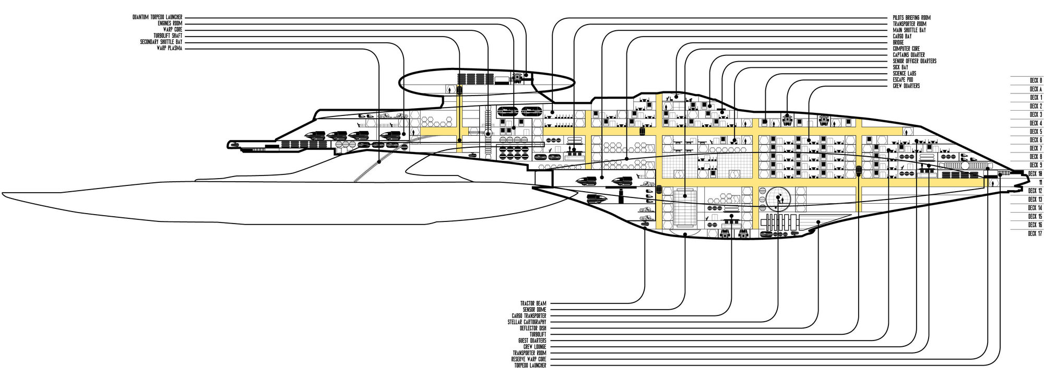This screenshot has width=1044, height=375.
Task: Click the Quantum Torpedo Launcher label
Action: [x=157, y=17]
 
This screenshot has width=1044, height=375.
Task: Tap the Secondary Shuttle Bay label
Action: [x=161, y=42]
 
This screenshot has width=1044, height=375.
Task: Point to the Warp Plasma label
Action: [x=169, y=48]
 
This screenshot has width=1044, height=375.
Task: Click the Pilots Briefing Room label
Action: [x=911, y=18]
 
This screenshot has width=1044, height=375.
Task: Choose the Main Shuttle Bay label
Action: [x=909, y=30]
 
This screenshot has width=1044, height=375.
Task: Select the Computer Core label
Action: [x=906, y=49]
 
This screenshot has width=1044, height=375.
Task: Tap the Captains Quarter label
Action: [x=909, y=55]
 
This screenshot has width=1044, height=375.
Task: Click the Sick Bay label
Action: [x=900, y=67]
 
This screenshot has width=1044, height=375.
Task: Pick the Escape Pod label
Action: [x=903, y=80]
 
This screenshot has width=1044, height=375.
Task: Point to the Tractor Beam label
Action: [x=533, y=303]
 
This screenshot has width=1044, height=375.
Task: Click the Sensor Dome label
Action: [x=535, y=310]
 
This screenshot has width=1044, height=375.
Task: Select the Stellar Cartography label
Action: [x=527, y=322]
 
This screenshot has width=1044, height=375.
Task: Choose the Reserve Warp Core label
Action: [x=529, y=359]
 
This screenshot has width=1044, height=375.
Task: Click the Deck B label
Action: [x=1036, y=81]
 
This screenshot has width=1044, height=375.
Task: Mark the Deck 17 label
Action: [x=1035, y=233]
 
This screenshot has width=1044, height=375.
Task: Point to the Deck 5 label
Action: [x=1036, y=132]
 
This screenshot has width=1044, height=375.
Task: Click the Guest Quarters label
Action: [x=532, y=341]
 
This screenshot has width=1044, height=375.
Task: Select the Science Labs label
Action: [x=904, y=74]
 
